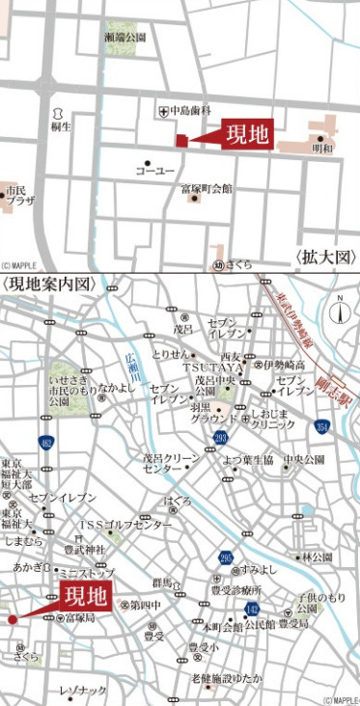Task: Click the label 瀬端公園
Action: click(x=125, y=37)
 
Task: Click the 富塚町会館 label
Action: click(x=207, y=189)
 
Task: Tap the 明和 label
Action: click(x=322, y=149)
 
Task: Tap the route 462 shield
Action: click(x=46, y=443)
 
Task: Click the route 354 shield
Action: click(x=322, y=425)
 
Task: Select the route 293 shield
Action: click(x=220, y=440)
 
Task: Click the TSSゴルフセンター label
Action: click(x=125, y=525)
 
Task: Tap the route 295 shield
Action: click(x=226, y=557)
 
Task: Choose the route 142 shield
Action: click(x=252, y=609)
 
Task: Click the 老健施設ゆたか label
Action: click(x=227, y=679)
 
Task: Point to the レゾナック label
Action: click(x=83, y=691)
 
